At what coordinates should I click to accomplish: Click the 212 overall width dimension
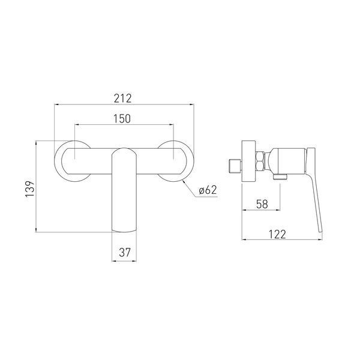pyautogui.click(x=122, y=98)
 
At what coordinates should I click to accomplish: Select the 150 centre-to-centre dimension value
pyautogui.click(x=122, y=118)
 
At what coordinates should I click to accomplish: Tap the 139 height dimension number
pyautogui.click(x=30, y=189)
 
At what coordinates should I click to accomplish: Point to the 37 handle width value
pyautogui.click(x=125, y=253)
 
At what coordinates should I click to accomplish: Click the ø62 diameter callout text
pyautogui.click(x=208, y=190)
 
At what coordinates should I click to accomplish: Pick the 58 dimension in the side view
pyautogui.click(x=262, y=204)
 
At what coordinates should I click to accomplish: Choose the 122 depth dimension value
pyautogui.click(x=277, y=234)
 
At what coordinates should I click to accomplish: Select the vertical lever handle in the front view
pyautogui.click(x=124, y=190)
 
